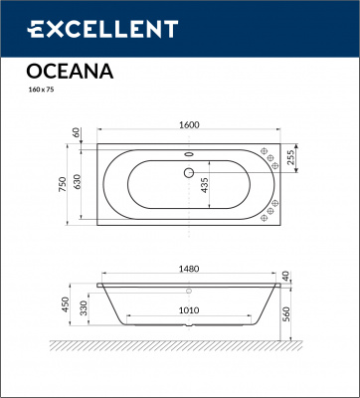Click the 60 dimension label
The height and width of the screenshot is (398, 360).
tap(76, 133)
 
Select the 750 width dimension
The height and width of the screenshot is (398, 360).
tap(63, 183)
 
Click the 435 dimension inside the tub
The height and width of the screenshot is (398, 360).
tap(204, 186)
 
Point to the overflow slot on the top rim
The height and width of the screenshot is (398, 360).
tap(186, 153)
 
